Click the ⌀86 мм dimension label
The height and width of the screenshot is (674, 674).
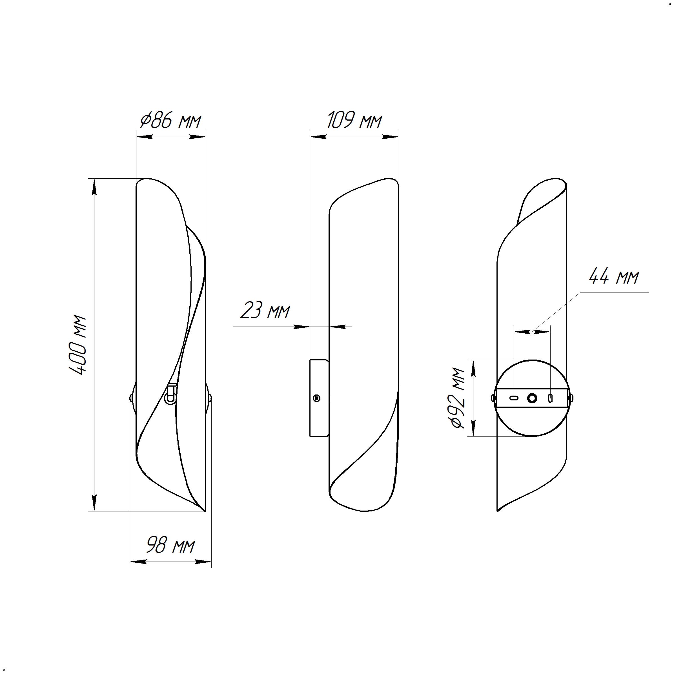coord(170,121)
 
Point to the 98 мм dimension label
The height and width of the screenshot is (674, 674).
coord(170,545)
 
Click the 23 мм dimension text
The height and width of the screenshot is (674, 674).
coord(265,311)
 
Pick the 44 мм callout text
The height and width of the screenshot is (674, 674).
coord(614,277)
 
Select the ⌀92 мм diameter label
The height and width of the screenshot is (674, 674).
coord(458,398)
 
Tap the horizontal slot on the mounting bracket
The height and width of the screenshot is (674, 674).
coord(514,398)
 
